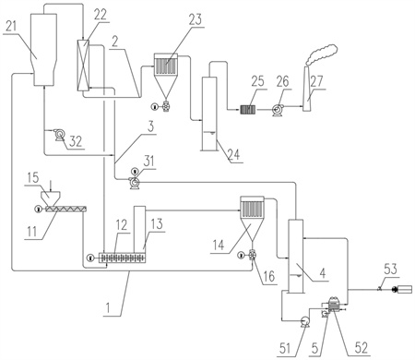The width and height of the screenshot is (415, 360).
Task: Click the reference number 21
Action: (10, 27)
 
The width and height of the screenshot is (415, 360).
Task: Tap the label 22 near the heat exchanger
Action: (101, 15)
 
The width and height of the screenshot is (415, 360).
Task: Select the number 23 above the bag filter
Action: (196, 19)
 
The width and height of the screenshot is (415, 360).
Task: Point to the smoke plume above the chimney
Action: (322, 55)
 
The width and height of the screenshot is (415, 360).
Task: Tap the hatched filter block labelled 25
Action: (248, 110)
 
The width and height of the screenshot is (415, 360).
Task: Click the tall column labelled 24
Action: (209, 114)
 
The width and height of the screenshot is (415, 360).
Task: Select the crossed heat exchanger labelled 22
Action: (83, 66)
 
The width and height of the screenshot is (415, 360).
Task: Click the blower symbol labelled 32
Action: (59, 135)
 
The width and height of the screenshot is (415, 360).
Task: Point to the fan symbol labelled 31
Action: (135, 183)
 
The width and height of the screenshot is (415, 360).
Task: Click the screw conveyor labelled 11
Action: (65, 209)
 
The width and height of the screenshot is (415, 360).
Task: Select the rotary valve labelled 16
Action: (252, 255)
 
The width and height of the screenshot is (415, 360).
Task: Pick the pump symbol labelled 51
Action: (304, 320)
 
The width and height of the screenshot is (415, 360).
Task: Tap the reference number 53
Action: (390, 269)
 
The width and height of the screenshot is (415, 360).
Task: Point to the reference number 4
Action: (322, 273)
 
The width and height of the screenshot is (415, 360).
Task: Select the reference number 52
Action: (361, 347)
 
